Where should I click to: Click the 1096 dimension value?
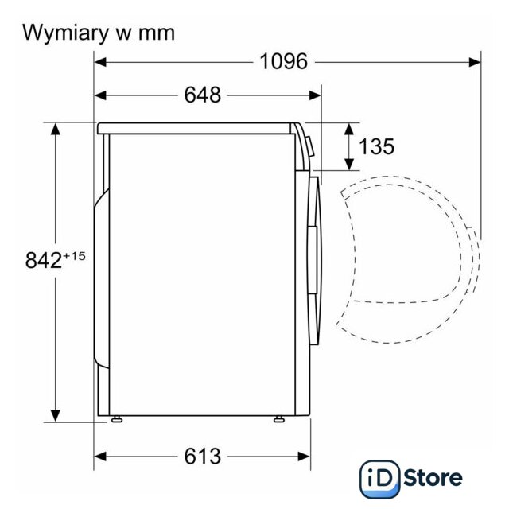[x=283, y=61]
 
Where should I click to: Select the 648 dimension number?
[x=203, y=95]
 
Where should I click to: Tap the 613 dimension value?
[x=203, y=457]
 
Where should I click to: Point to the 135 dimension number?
[x=376, y=146]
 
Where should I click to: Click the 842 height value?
[x=44, y=260]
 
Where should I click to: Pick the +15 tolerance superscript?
[x=74, y=256]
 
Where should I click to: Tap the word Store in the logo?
[x=433, y=477]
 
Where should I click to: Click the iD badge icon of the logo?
[x=380, y=479]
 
